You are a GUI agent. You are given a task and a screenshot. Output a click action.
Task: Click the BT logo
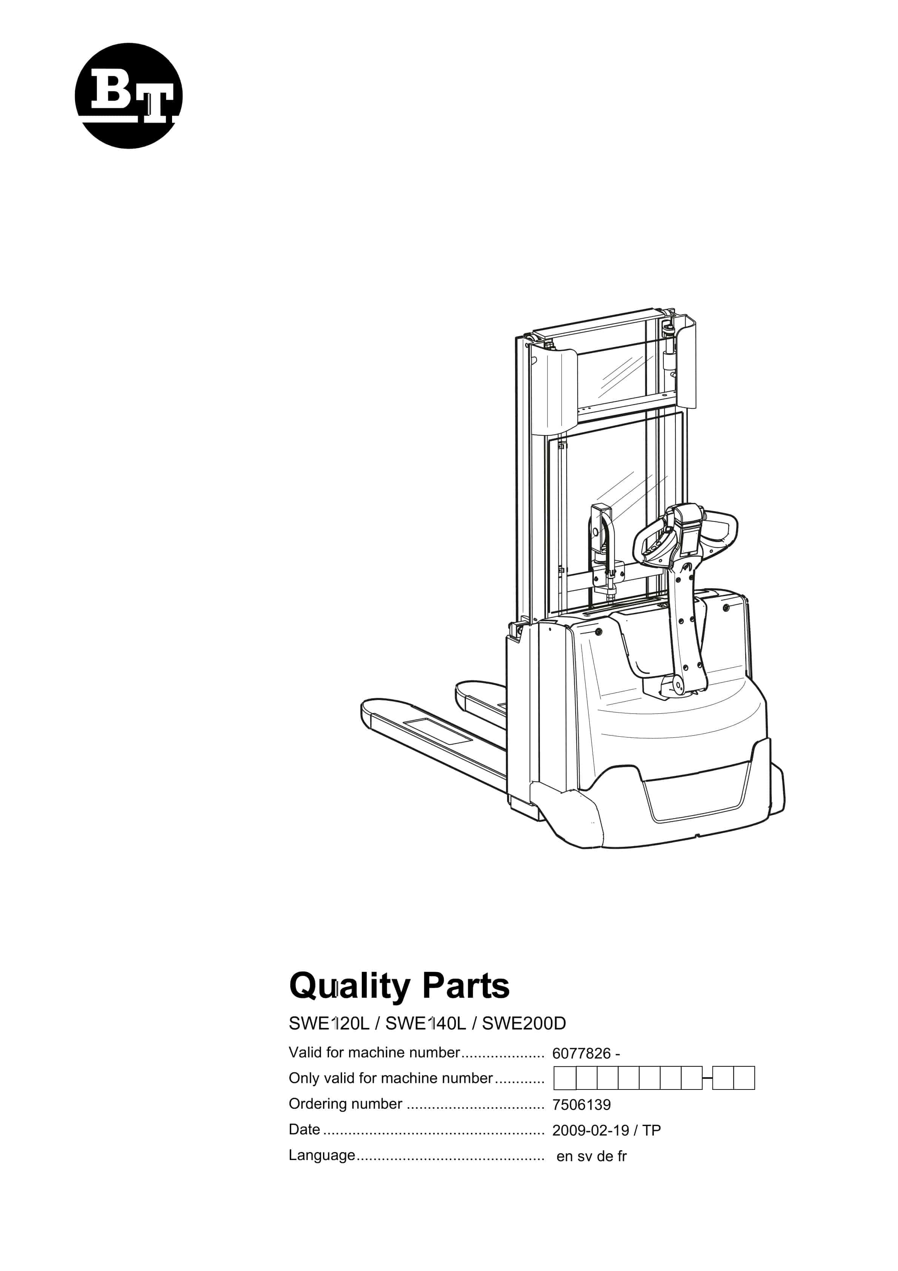pos(128,96)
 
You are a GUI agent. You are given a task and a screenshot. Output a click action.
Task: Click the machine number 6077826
pos(581,1054)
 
